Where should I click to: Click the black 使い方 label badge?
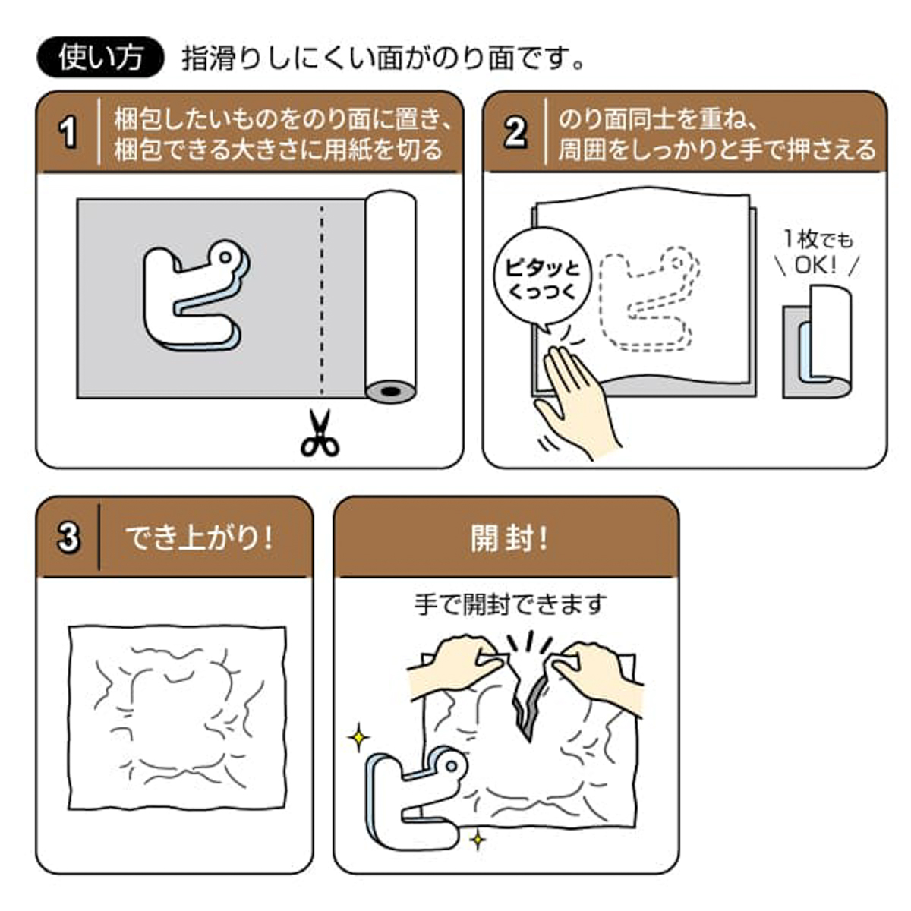[100, 58]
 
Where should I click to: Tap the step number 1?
[68, 132]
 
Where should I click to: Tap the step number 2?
[515, 132]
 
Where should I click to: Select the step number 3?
[68, 537]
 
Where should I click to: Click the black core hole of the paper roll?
[390, 392]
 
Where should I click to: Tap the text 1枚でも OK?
[818, 252]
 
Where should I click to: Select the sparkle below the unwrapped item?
[478, 839]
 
